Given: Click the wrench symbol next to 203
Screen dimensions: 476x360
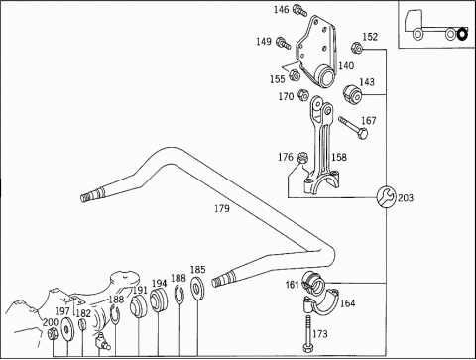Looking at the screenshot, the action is pos(386,197).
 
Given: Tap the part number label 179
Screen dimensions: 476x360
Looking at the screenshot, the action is pos(222,209).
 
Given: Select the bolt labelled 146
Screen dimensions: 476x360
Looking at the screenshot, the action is pos(300,10).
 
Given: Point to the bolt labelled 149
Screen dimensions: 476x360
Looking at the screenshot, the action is pos(284,43).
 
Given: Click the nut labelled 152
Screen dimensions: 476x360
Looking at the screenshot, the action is pos(357,48).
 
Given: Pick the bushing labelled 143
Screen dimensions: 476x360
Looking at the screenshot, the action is pos(352,94).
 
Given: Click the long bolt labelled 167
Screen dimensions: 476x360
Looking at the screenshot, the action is pos(354,128).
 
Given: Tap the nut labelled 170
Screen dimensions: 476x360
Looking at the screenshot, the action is pos(302,95).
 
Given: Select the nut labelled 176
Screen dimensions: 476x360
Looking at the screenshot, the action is pos(302,158).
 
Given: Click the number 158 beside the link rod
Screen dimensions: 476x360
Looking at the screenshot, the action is pos(339,157).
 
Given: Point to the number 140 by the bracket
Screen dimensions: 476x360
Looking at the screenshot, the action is pos(346,65).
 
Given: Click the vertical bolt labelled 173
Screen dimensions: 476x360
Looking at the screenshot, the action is pos(307,333).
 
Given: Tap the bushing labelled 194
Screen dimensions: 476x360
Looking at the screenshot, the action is pos(159,300).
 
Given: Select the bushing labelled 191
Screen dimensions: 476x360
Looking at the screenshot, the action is pos(139,306).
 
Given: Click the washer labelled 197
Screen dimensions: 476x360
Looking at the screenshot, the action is pos(67,328).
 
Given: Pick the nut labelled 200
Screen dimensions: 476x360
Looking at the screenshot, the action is pos(53,333).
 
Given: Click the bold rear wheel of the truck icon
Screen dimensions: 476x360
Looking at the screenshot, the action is pos(463,34).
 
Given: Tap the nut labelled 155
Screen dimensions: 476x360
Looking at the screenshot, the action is pos(295,75).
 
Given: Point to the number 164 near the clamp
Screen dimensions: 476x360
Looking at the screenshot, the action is pos(347,303).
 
